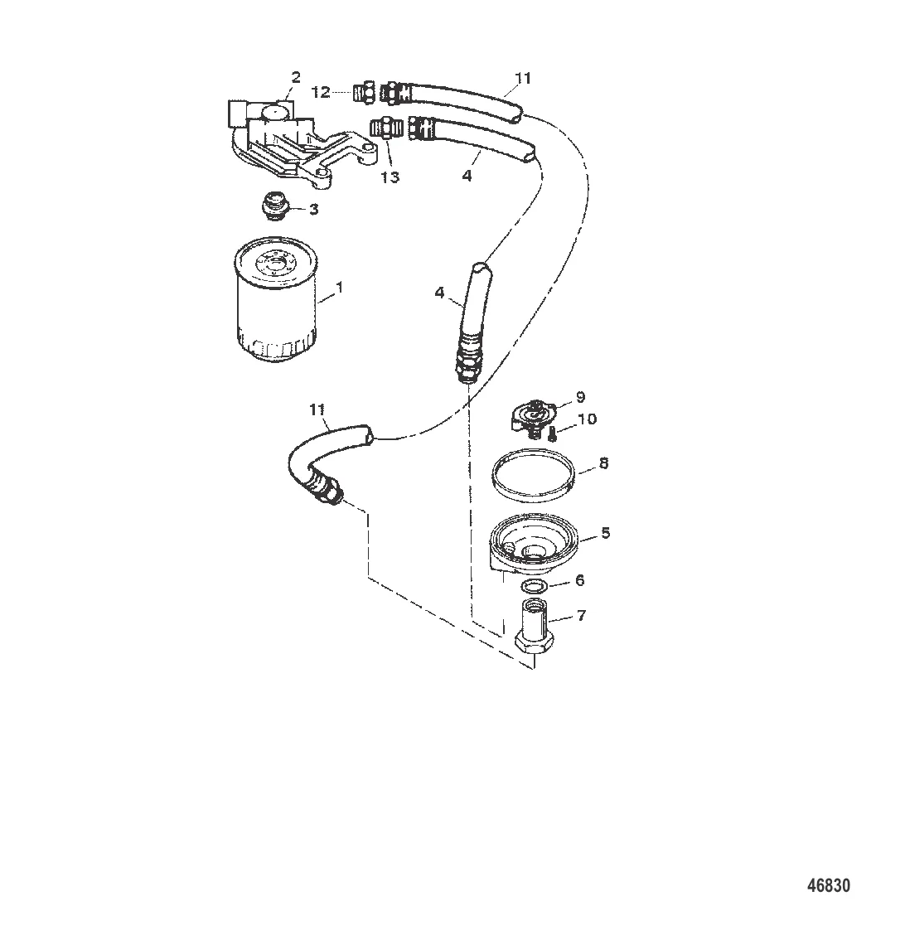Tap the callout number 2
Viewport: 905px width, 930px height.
[x=295, y=77]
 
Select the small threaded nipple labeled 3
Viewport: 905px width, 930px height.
[x=273, y=206]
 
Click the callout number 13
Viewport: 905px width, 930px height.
[x=390, y=177]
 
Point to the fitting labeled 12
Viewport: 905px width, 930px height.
[x=363, y=91]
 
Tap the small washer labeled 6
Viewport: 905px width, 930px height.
[x=535, y=587]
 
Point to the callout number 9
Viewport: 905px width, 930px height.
[x=581, y=397]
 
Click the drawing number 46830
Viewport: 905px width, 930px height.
[x=829, y=885]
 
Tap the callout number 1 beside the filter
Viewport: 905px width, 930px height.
[x=339, y=287]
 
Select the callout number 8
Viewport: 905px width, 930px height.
[x=603, y=463]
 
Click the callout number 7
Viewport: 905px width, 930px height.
[x=581, y=616]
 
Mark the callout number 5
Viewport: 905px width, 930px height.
[x=605, y=533]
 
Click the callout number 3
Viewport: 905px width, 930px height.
[x=314, y=209]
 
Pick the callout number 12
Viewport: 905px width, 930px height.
[x=321, y=93]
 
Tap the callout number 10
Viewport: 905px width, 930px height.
[x=587, y=419]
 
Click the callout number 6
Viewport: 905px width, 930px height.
[x=579, y=580]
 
